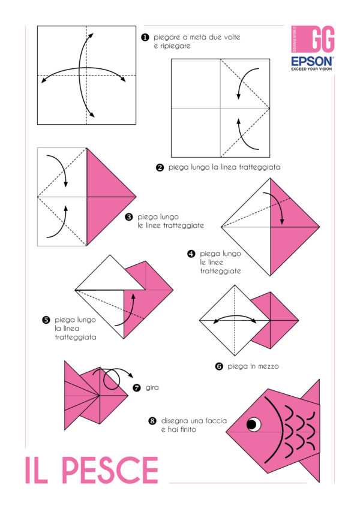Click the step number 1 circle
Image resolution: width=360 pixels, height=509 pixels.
pos(145,37)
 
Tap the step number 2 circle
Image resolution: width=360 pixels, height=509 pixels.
pos(160,168)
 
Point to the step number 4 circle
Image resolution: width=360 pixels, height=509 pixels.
pos(191,254)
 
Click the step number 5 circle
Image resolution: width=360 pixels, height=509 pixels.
pos(46,320)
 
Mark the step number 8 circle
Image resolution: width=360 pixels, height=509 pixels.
pos(152,421)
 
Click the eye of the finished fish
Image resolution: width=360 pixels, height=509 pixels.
pos(253,425)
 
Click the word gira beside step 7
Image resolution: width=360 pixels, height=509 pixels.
pos(152,388)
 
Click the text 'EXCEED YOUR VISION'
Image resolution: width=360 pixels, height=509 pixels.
pos(312,69)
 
